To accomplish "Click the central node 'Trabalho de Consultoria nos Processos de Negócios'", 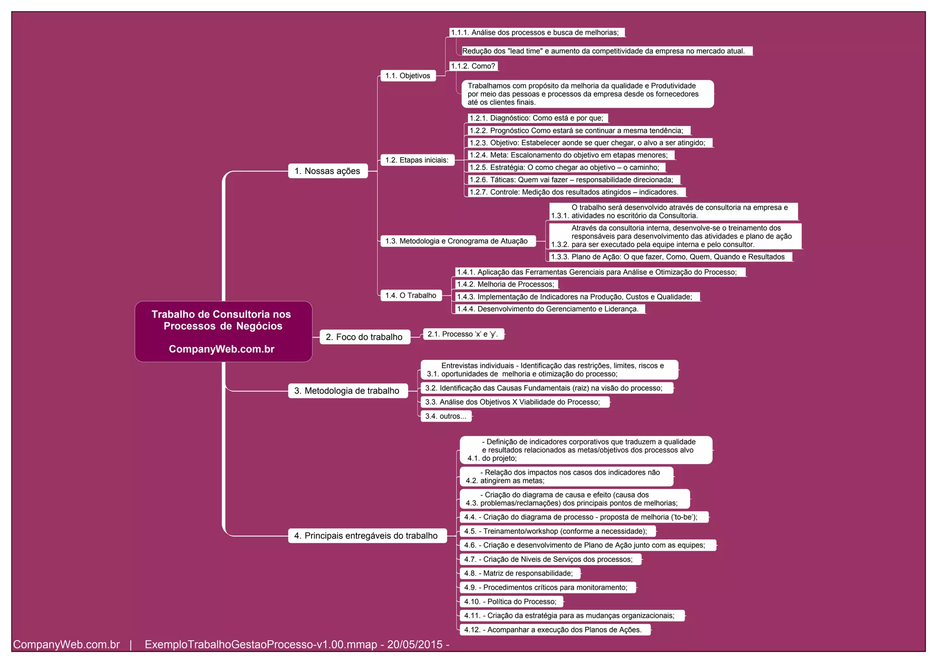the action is [223, 331].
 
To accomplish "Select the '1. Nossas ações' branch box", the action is [328, 171].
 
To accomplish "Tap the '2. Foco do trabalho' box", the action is [365, 337].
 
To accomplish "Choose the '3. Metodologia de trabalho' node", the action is [348, 391].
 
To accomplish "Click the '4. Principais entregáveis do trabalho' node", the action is [367, 536].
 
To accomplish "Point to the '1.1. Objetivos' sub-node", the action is [408, 76].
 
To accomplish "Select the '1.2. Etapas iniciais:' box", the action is [417, 160].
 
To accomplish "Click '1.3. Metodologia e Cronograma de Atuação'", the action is [458, 241].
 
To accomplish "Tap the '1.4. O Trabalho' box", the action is [411, 295].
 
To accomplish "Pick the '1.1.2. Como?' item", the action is [473, 66].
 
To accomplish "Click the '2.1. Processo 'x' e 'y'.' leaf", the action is [463, 334].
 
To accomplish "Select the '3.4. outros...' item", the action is [446, 416].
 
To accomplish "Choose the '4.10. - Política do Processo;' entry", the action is [511, 602].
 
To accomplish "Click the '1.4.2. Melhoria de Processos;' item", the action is [506, 284].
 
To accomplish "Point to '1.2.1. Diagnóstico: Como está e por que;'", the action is [537, 118].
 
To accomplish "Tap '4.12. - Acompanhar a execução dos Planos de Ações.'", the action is [554, 630].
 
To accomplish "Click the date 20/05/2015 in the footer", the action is [415, 645].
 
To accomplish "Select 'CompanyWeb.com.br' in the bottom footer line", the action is [66, 645].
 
